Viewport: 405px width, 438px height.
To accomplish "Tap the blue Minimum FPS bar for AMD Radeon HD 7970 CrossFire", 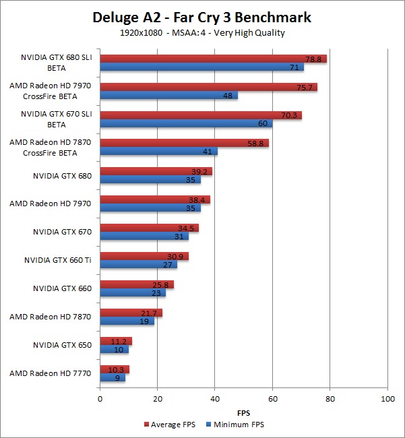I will (x=168, y=96).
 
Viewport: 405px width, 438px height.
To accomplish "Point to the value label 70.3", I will (x=289, y=115).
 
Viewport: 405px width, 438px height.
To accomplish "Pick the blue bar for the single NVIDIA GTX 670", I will (x=144, y=237).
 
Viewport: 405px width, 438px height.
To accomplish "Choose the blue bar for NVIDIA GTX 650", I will (x=114, y=349).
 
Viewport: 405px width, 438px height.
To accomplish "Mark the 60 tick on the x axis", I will (x=272, y=400).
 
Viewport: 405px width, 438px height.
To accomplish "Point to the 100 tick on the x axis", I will (x=387, y=400).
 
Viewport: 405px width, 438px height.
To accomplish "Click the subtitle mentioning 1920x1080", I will (x=202, y=32).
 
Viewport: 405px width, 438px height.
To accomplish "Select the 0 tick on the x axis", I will (x=100, y=400).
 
